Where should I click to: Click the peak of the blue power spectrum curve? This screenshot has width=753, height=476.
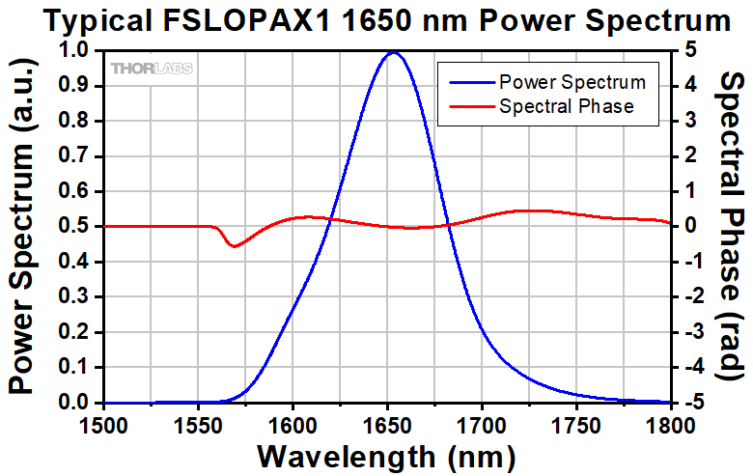click(392, 53)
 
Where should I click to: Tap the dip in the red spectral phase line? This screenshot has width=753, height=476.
click(234, 245)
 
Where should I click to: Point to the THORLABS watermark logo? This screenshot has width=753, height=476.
click(152, 69)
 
